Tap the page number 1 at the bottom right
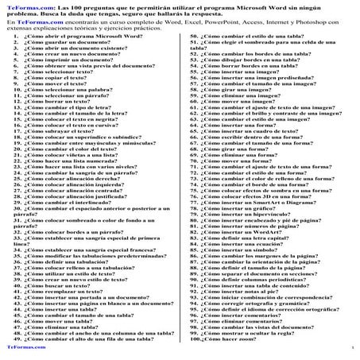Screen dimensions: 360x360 pyautogui.click(x=350, y=347)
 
